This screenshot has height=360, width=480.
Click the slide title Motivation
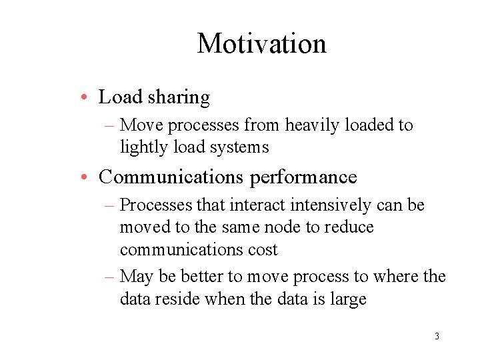point(261,44)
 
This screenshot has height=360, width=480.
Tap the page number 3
point(437,336)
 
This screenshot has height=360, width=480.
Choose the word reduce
point(350,227)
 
